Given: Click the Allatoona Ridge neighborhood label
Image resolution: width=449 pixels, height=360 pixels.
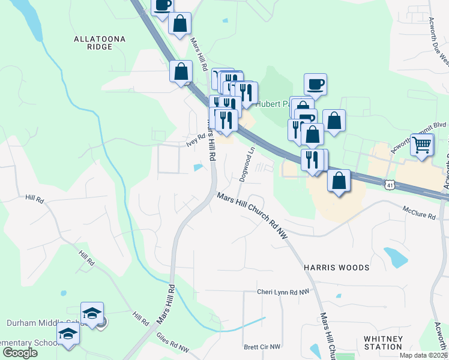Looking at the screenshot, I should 100,43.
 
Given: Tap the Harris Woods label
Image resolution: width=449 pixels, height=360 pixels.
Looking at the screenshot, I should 336,267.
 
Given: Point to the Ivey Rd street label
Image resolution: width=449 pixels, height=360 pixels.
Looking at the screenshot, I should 196,140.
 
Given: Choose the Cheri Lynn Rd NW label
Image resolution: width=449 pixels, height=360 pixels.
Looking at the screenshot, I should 283,292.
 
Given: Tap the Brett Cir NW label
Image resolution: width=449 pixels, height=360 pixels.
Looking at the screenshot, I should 262,347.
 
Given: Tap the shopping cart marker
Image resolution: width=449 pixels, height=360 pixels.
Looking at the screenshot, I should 423,144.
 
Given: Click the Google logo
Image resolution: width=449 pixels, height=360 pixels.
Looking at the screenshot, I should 20,353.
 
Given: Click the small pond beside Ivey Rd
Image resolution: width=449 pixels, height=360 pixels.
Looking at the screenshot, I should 198,167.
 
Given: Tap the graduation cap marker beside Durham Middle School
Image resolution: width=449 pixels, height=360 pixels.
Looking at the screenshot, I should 92,313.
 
